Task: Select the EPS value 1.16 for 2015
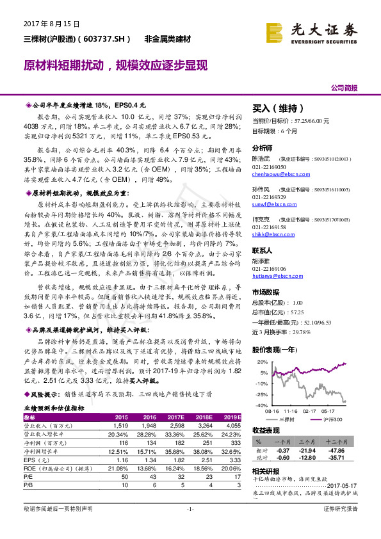point(121,460)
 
